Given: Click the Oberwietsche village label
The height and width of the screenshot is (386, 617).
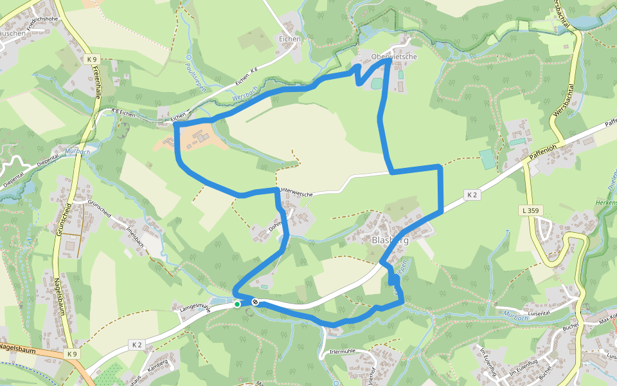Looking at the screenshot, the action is click(x=394, y=57).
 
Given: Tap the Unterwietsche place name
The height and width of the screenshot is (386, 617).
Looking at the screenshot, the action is click(x=296, y=193).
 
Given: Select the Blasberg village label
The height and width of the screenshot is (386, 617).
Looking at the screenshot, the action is click(x=390, y=240).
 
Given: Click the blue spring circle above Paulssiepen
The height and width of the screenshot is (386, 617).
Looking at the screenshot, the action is click(x=189, y=57).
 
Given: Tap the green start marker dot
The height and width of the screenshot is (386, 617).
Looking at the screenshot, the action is click(x=237, y=304).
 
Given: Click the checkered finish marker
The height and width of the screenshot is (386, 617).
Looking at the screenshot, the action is click(x=255, y=302).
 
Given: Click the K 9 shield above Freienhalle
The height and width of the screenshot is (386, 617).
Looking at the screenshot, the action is click(x=91, y=59).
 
